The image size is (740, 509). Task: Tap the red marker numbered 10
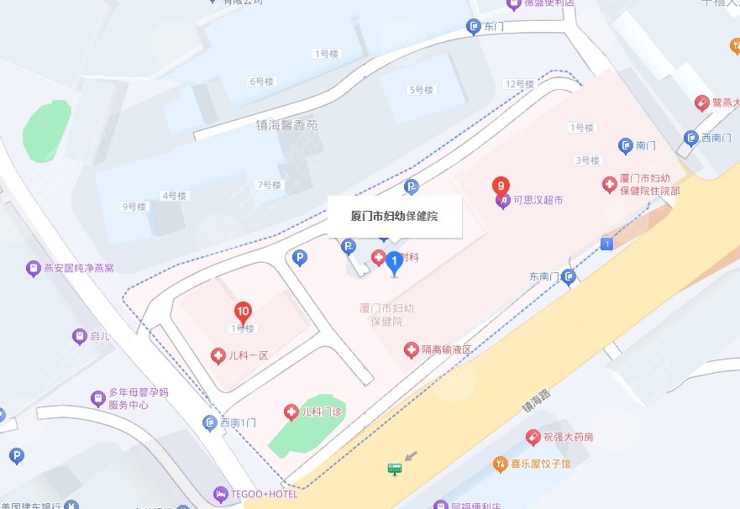tap(243, 312)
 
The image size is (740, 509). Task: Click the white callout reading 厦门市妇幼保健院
tap(394, 216)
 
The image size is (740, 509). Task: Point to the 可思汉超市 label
tap(538, 201)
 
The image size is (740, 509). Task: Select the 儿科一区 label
tap(248, 355)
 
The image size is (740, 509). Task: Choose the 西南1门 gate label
tap(237, 422)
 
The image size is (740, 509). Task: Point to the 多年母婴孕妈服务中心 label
tap(128, 398)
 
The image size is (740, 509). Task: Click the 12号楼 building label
tap(519, 84)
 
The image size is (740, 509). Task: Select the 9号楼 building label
tap(134, 206)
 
